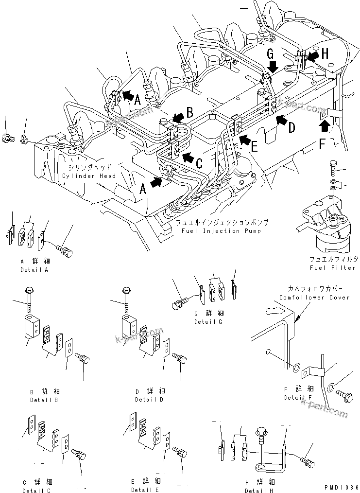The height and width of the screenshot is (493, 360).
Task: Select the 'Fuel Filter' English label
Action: tap(332, 268)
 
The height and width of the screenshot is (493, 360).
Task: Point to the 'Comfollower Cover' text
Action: tap(314, 297)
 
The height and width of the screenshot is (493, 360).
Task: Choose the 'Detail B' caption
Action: tap(43, 400)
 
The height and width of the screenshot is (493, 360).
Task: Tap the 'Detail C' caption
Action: tap(36, 491)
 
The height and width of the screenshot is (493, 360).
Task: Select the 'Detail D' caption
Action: tap(150, 400)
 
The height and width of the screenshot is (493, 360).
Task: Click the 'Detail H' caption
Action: tap(259, 491)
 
